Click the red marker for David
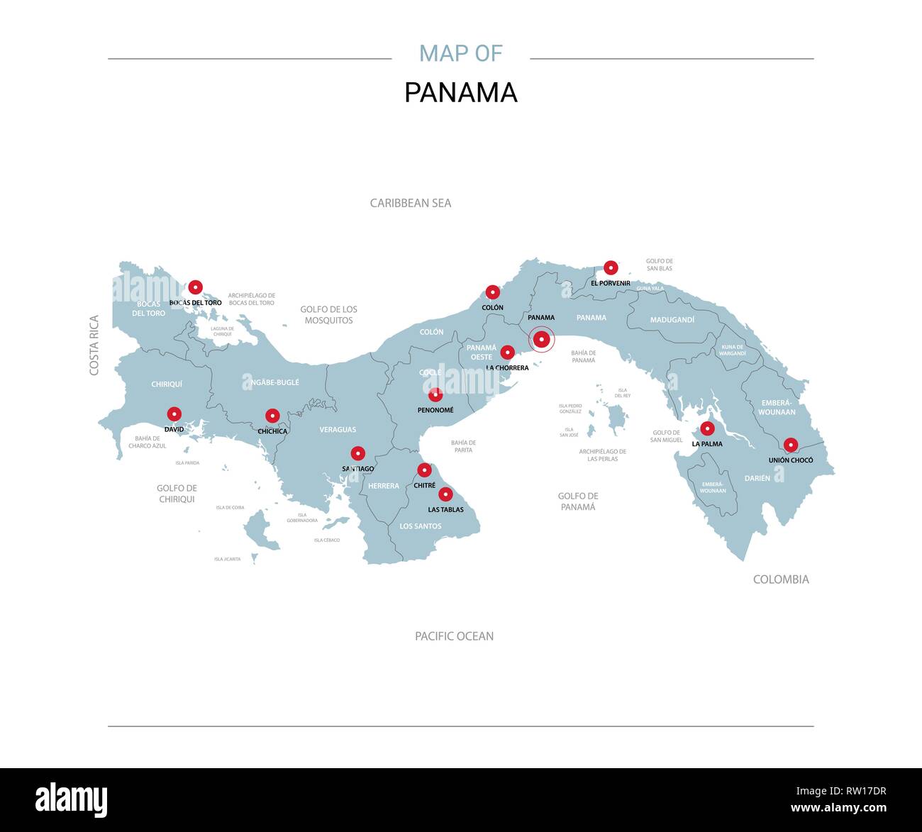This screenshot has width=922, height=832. point(174,414)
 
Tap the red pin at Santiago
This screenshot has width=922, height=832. point(358,453)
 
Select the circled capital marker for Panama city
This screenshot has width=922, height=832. point(542,340)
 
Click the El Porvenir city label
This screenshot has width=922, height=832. point(610,283)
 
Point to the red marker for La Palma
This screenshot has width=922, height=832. point(707,428)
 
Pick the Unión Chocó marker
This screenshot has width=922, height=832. point(791,445)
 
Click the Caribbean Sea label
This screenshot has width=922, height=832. point(410,203)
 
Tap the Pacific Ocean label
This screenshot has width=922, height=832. point(454,636)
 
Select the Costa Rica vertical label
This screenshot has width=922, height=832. point(94,345)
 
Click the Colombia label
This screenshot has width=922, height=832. point(780,579)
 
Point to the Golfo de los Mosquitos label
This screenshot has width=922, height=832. point(328,315)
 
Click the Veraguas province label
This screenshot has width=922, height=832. point(338,429)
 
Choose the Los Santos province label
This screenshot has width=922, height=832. point(420,526)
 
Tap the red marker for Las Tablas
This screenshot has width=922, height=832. point(445,494)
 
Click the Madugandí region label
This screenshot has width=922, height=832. point(672,320)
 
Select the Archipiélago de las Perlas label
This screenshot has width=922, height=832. point(602,455)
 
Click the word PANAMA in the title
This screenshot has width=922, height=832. point(460,93)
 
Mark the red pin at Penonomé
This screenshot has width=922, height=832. point(435,394)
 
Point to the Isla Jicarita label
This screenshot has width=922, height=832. point(227,559)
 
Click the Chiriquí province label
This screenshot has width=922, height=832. point(167,384)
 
